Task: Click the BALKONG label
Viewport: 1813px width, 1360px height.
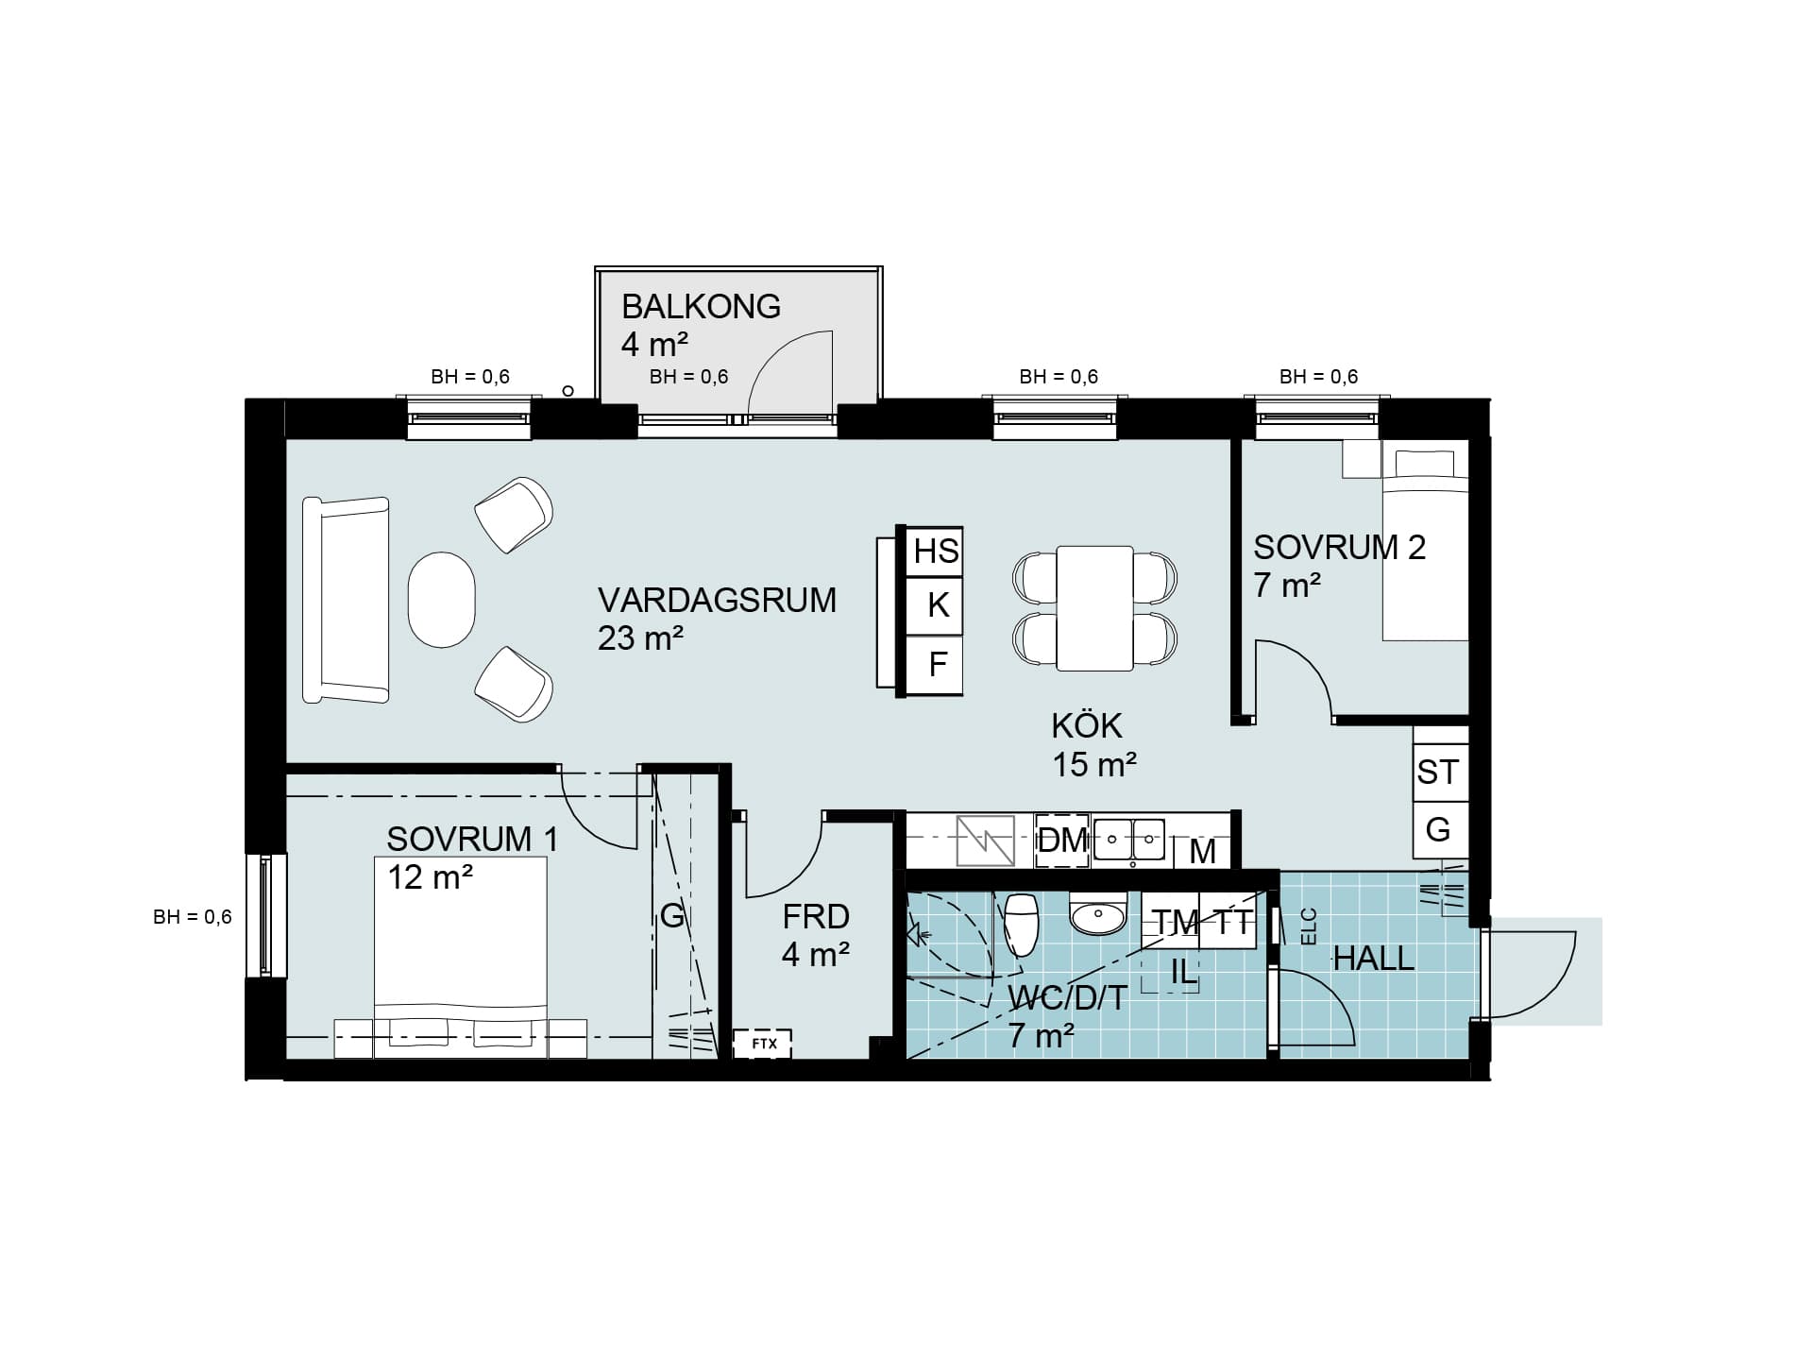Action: click(x=701, y=307)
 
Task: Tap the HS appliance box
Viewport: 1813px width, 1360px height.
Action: click(x=935, y=551)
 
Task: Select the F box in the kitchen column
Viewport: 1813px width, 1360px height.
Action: click(x=935, y=665)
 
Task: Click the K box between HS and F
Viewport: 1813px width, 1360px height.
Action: click(x=935, y=605)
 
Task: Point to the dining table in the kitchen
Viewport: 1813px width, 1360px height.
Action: click(x=1094, y=608)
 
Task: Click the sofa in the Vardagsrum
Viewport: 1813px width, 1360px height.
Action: click(x=346, y=601)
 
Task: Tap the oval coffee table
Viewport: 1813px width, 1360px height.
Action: click(x=441, y=600)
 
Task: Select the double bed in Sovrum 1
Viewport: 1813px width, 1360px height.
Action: click(x=461, y=957)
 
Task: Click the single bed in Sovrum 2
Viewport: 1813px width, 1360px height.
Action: click(x=1426, y=545)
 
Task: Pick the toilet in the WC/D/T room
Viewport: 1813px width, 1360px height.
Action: click(x=1021, y=925)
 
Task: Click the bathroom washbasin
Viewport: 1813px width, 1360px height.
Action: click(x=1098, y=913)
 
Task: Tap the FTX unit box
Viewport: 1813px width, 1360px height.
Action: click(x=763, y=1044)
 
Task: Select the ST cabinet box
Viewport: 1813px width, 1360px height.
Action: click(x=1440, y=773)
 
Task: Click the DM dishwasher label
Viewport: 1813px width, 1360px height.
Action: click(x=1063, y=840)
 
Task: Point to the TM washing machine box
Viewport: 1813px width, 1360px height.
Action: click(x=1176, y=922)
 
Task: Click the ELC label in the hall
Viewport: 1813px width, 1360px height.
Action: click(x=1309, y=926)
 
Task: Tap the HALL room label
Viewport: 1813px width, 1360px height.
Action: click(x=1373, y=960)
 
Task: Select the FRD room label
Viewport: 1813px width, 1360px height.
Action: click(x=816, y=916)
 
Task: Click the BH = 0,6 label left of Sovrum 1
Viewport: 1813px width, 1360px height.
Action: click(x=193, y=917)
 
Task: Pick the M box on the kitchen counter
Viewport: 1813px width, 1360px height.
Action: click(x=1202, y=851)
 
